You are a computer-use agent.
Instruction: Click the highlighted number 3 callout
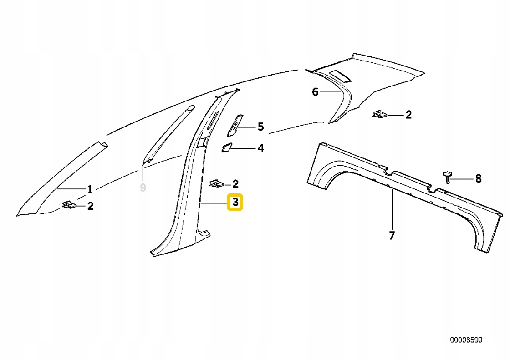tap(235, 202)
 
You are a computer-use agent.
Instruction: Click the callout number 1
tap(90, 188)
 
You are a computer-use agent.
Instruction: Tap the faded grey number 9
tap(143, 187)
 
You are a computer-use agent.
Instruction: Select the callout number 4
tap(260, 148)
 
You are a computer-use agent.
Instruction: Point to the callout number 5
tap(260, 127)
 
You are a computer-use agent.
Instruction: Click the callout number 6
tap(315, 92)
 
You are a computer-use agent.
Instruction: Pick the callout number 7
tap(392, 235)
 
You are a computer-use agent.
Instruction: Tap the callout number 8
tap(478, 179)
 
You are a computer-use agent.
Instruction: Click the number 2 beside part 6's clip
tap(408, 115)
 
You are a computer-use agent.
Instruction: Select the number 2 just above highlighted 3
tap(235, 184)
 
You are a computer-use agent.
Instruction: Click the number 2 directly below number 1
tap(90, 206)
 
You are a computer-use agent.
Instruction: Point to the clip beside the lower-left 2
tap(70, 205)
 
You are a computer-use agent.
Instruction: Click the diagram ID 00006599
tap(466, 340)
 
